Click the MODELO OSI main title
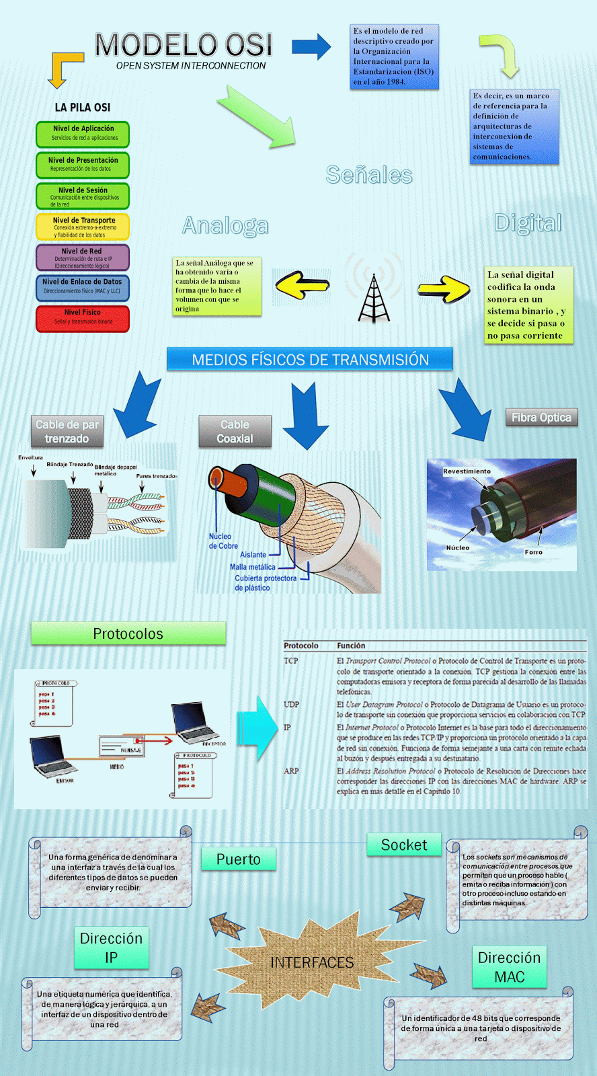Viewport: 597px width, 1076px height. [x=184, y=46]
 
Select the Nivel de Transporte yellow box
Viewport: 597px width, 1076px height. [x=83, y=227]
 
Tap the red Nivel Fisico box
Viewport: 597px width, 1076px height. [x=83, y=319]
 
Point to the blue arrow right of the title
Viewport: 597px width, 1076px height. [x=311, y=46]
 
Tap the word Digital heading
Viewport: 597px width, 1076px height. [x=528, y=223]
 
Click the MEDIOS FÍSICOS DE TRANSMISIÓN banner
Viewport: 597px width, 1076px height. [x=310, y=359]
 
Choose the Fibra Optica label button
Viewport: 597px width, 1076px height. [x=541, y=418]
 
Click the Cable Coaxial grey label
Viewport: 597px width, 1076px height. [x=235, y=432]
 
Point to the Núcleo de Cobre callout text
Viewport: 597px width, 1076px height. [x=223, y=541]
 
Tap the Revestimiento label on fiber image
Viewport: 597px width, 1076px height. [x=467, y=471]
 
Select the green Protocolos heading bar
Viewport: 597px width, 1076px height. [x=128, y=633]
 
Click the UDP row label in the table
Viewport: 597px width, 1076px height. [x=291, y=704]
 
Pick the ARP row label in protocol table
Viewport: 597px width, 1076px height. [x=291, y=771]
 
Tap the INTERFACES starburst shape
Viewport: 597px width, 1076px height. [x=312, y=962]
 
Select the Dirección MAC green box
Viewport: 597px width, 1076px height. [x=509, y=967]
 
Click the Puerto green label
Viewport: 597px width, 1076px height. [x=238, y=859]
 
